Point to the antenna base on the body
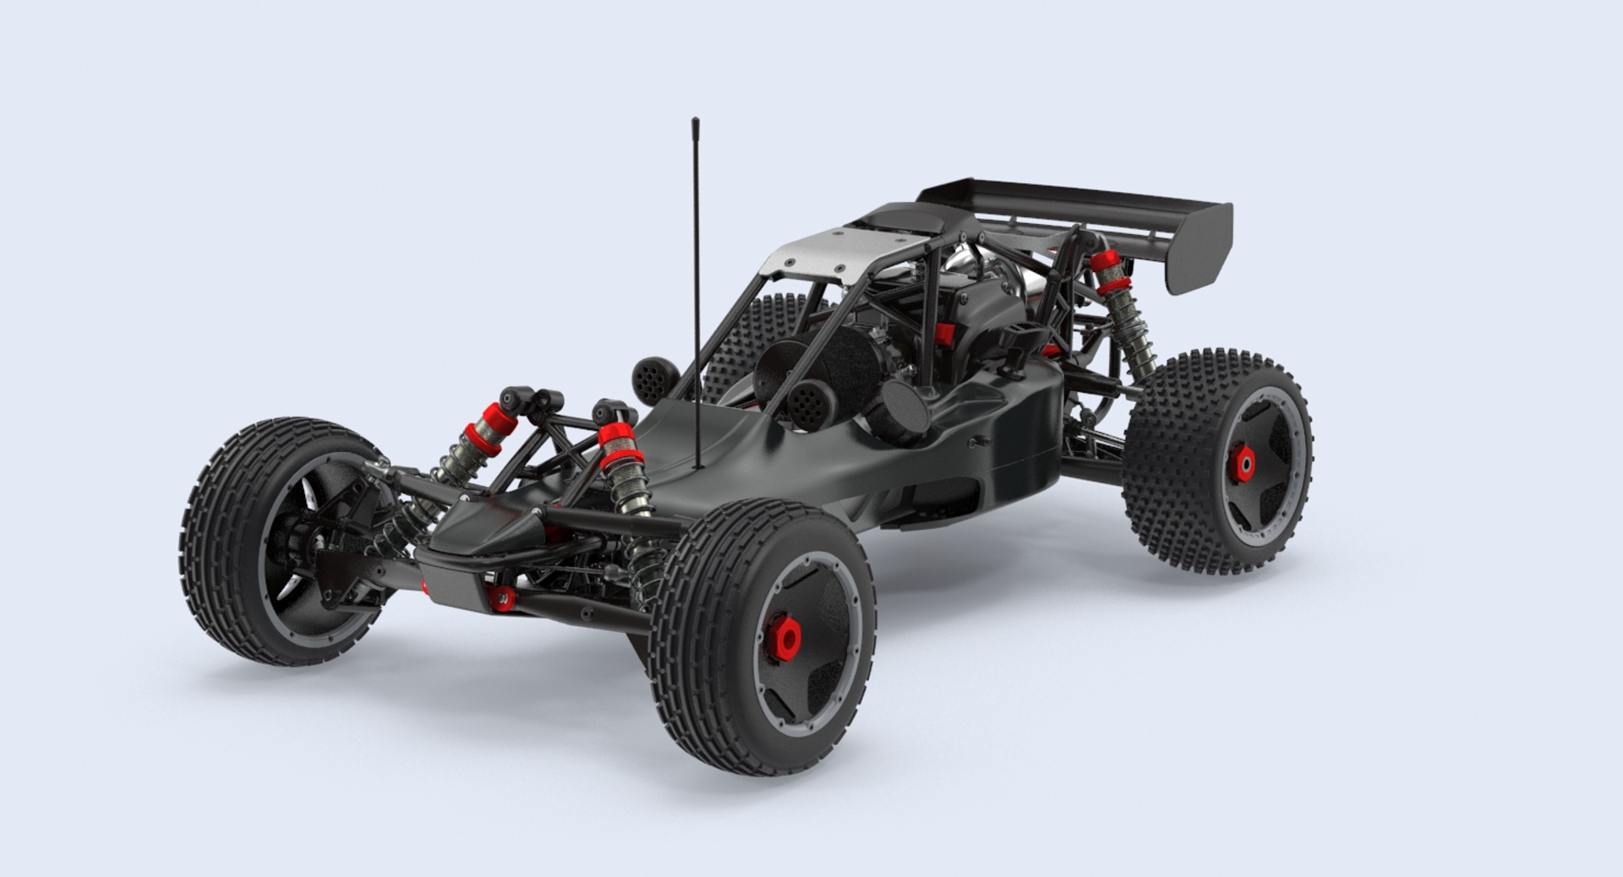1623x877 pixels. [698, 464]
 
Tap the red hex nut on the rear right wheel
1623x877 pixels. [1244, 460]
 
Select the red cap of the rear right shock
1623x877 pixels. [1106, 264]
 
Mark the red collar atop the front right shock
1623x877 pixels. [616, 442]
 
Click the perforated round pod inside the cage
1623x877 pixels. [808, 401]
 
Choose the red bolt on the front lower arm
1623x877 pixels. [502, 598]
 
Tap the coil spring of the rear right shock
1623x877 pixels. [1131, 322]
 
